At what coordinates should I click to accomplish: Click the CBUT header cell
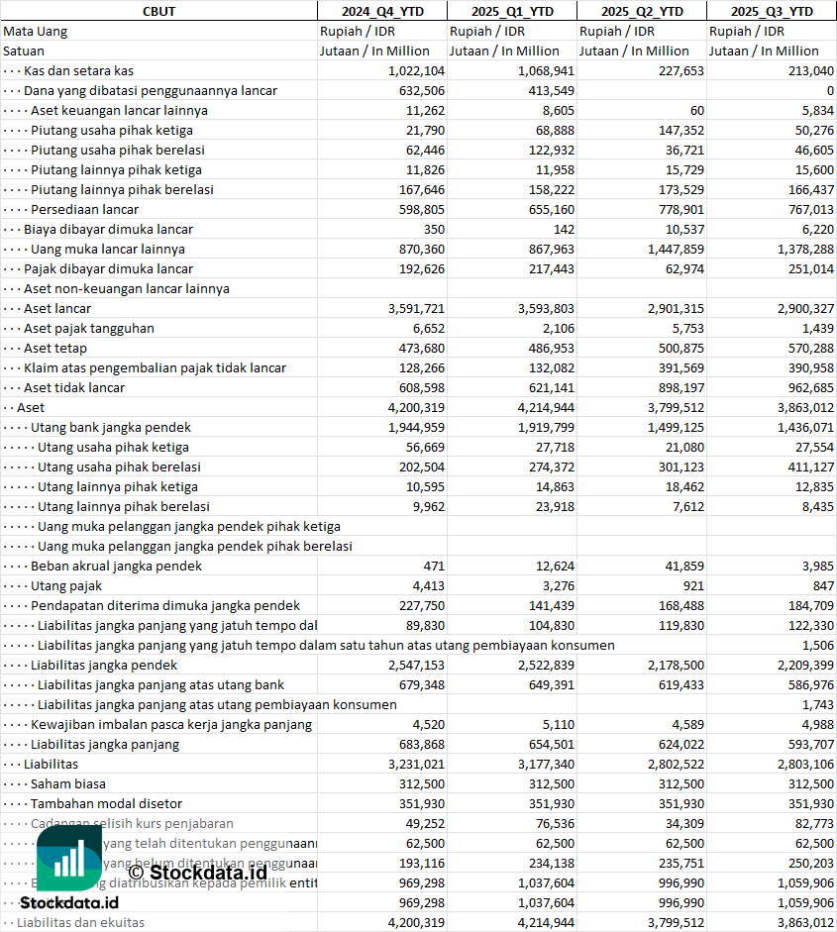coord(158,11)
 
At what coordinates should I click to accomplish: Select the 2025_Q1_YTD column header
coord(511,11)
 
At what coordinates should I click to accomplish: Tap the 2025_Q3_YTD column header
coord(772,11)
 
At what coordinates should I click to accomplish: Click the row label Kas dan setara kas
coord(78,70)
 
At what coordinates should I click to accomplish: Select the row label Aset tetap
coord(55,348)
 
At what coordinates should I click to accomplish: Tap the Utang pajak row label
coord(66,585)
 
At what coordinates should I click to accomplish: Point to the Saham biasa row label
coord(68,783)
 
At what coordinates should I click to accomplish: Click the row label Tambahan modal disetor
coord(106,803)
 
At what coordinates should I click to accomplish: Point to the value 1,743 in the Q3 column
coord(817,704)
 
